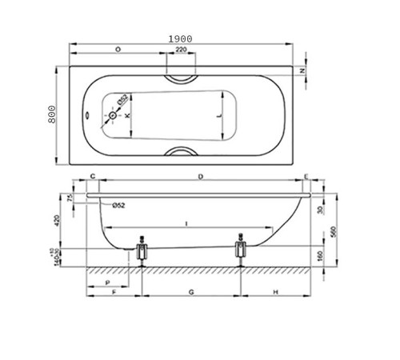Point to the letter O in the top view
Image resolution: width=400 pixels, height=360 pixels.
118,50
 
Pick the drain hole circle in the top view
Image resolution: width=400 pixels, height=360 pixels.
113,116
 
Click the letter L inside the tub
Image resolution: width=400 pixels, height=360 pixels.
220,116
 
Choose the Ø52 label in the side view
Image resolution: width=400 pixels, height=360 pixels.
118,206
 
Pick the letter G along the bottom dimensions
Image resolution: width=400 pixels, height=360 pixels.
190,294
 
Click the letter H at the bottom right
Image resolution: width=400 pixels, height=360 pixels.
275,294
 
